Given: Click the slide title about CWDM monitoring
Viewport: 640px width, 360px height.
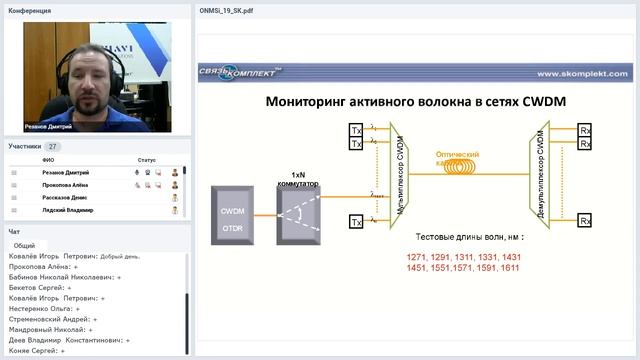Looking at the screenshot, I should click(402, 102).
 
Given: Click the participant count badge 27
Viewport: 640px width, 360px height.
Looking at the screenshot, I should click(53, 146).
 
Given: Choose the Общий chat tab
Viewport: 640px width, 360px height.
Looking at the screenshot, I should click(24, 245).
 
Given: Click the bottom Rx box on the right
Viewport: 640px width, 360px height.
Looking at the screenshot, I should click(585, 220).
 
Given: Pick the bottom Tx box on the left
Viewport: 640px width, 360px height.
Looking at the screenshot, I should click(355, 221).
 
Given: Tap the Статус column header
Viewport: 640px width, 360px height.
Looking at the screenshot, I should click(147, 160).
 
